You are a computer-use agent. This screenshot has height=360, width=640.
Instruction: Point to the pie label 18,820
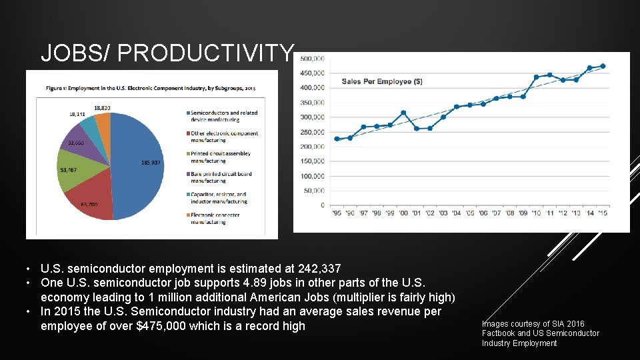coord(102,108)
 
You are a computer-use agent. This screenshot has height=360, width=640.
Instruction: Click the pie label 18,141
coord(77,114)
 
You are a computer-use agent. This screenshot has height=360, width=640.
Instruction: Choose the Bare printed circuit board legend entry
coord(221,177)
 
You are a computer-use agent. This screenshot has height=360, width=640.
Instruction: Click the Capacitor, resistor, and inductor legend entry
coord(218,197)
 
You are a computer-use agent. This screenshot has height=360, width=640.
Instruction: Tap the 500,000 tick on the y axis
coord(313,59)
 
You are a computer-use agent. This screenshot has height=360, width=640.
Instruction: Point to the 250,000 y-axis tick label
coord(313,132)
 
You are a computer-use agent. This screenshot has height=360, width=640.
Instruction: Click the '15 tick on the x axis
coord(603,213)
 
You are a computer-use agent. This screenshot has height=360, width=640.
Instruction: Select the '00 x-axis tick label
coord(403,213)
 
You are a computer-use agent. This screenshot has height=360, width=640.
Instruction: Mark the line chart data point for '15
coord(603,66)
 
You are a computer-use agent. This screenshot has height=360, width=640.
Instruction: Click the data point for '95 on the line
coord(337,139)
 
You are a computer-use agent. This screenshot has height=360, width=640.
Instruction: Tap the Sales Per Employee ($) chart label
coord(382,81)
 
